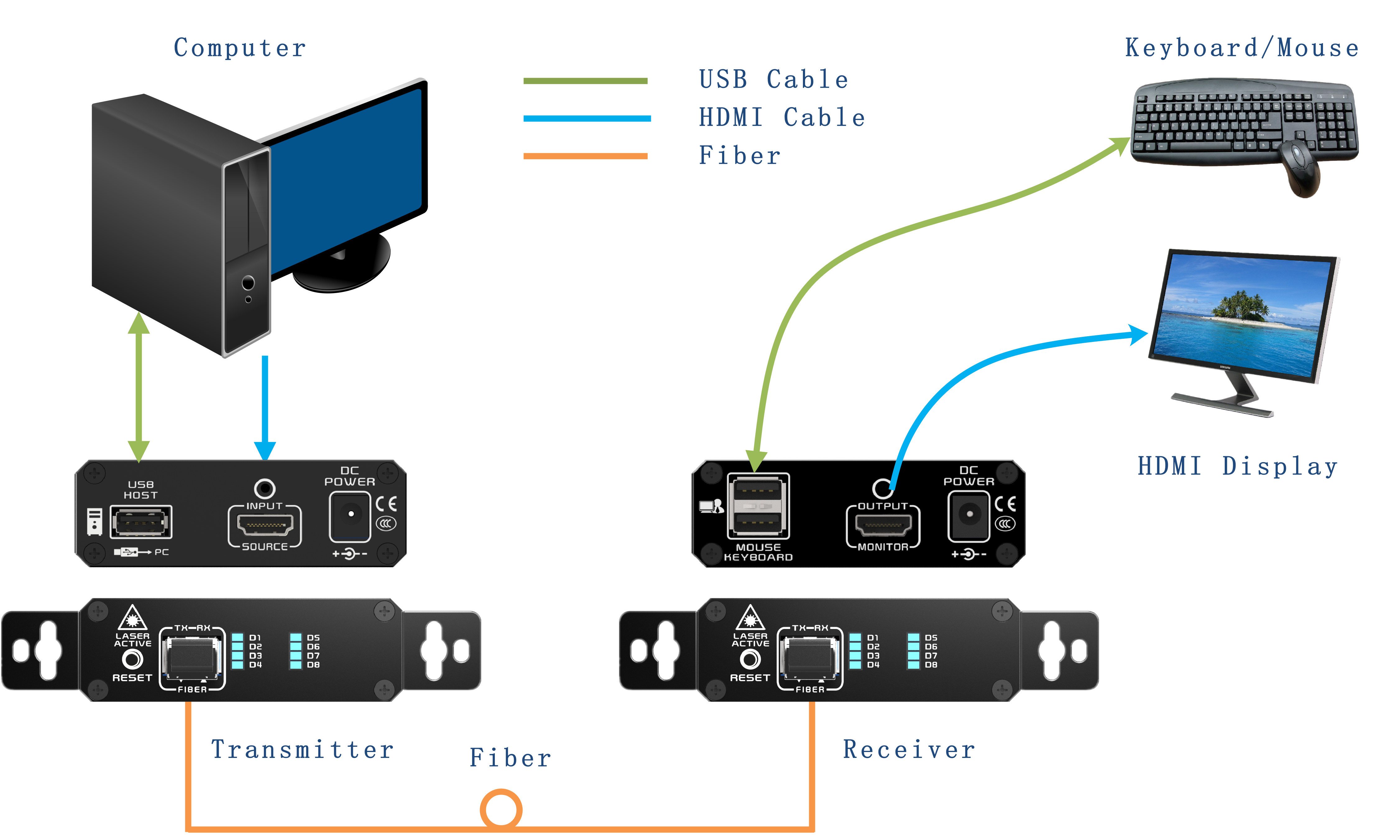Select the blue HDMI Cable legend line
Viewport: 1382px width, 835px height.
(x=587, y=118)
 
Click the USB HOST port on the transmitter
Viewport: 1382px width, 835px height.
(x=141, y=522)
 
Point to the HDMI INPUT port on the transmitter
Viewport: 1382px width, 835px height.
(x=265, y=525)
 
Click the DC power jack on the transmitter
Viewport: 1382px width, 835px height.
(x=351, y=515)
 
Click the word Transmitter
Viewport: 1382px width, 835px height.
(x=302, y=750)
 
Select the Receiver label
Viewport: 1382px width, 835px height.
(x=909, y=750)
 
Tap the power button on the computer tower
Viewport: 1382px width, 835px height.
(x=248, y=283)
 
